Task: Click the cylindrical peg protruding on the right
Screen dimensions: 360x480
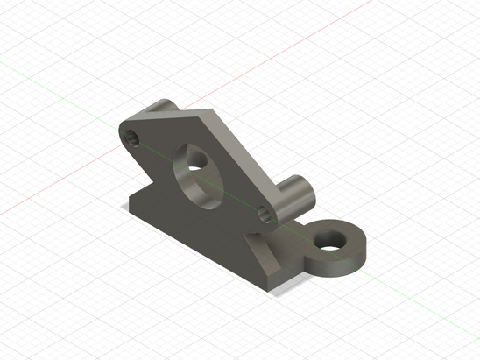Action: [x=293, y=201]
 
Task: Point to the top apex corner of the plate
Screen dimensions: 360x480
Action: [x=210, y=113]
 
